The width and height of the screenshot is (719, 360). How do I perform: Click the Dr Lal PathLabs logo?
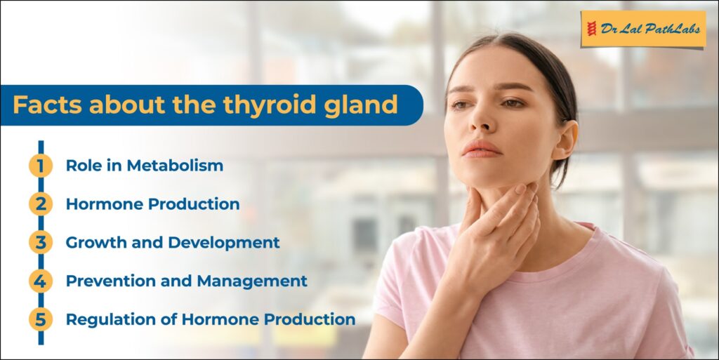point(643,29)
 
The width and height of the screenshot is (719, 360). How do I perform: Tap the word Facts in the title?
point(47,105)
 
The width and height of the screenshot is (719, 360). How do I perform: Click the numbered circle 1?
point(41,166)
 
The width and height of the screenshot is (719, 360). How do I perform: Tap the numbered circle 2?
point(41,204)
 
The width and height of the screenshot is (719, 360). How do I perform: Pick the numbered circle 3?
point(41,242)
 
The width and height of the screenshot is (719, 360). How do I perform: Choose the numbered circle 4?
point(41,281)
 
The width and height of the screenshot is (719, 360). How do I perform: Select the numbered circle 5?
point(41,319)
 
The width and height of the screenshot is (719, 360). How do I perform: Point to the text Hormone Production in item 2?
point(152,204)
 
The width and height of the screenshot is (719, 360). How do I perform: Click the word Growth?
point(96,242)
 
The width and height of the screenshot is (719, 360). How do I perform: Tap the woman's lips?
point(482,149)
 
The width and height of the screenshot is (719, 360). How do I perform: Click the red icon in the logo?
point(592,29)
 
